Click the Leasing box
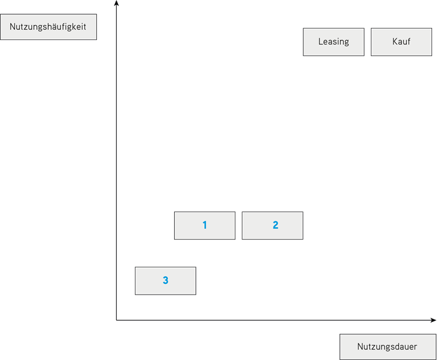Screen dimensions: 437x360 [x=333, y=42]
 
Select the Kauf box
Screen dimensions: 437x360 [x=401, y=42]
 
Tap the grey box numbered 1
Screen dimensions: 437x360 [x=205, y=225]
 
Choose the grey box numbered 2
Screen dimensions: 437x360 [x=272, y=225]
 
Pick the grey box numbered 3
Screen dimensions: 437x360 [x=165, y=281]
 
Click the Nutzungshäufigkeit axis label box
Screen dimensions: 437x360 [x=48, y=27]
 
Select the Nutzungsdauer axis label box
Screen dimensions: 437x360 [x=388, y=347]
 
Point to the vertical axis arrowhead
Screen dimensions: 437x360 [x=117, y=2]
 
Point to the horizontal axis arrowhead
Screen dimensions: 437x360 [x=434, y=320]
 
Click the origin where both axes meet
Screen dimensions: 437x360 [x=117, y=320]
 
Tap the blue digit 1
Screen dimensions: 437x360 [x=205, y=225]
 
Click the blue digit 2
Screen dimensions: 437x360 [x=275, y=225]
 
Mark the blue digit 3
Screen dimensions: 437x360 [x=165, y=280]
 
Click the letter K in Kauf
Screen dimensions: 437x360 [x=395, y=41]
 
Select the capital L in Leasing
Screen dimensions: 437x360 [x=320, y=41]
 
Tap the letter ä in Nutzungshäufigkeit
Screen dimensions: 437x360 [x=56, y=27]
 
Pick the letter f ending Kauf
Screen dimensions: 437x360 [x=408, y=41]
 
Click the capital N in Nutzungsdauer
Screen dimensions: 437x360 [x=360, y=346]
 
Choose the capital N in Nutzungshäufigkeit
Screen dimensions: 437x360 [x=12, y=27]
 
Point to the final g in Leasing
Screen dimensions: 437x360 [x=346, y=42]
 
